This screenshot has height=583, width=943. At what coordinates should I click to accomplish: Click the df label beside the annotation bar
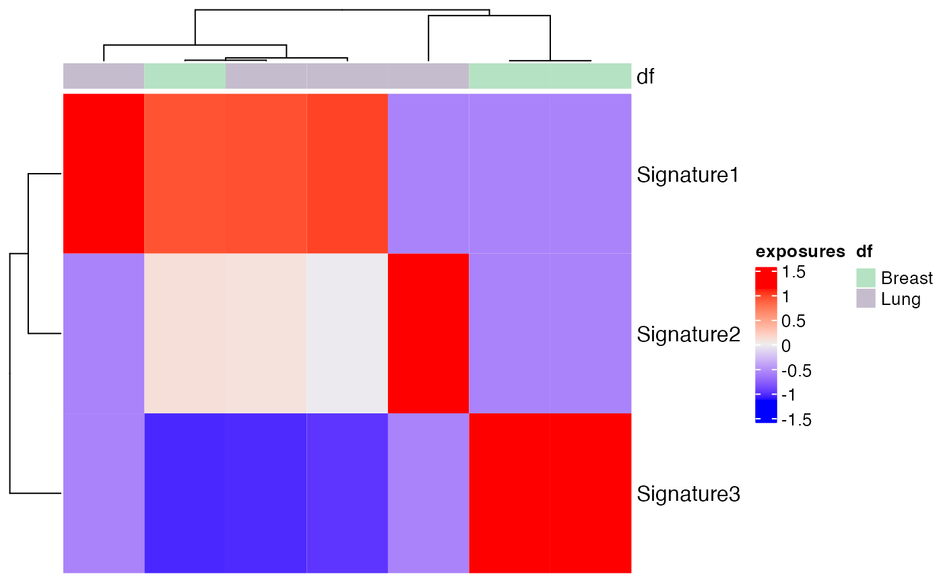(x=646, y=77)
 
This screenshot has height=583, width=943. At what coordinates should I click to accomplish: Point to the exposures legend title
(x=800, y=252)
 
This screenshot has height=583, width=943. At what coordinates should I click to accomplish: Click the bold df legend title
(x=864, y=252)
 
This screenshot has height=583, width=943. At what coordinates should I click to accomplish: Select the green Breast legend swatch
(x=866, y=277)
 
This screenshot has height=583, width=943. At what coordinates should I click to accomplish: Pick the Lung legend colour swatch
(x=866, y=298)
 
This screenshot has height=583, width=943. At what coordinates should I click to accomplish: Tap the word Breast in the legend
(x=907, y=277)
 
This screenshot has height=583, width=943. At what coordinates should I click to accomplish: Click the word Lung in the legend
(x=901, y=298)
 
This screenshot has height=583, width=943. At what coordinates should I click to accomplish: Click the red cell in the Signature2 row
(x=428, y=334)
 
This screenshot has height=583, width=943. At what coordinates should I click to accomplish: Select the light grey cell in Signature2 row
(x=347, y=334)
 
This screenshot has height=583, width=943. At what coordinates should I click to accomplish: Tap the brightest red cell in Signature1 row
(x=104, y=174)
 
